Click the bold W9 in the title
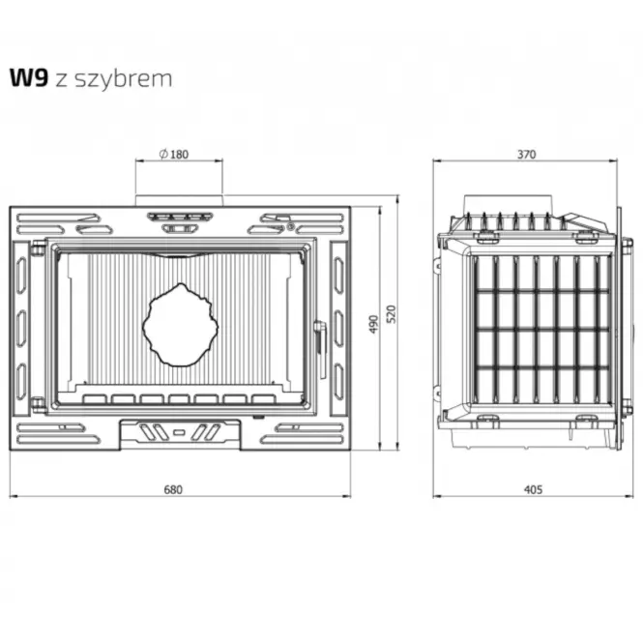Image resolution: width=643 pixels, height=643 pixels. coord(29,77)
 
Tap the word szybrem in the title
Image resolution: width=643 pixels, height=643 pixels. coord(124,79)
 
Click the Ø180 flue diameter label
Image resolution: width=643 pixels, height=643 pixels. coord(174,154)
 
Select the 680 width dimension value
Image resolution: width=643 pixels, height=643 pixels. coord(173,489)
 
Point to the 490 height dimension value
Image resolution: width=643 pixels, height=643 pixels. coord(373,324)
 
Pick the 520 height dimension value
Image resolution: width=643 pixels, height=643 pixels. coord(392,314)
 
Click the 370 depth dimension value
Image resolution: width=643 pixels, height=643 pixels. coord(526,154)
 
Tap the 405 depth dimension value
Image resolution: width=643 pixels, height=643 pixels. coord(533,489)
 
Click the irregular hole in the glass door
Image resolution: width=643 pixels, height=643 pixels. coord(181,325)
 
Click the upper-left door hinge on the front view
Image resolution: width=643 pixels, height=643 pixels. coord(38,248)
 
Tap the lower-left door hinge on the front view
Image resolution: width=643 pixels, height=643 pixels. coord(38,405)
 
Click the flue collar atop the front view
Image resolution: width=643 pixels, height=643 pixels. coord(179,200)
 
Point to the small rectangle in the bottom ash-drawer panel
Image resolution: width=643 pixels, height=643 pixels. coord(179,432)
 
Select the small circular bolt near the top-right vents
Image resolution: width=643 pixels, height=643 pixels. coord(290,225)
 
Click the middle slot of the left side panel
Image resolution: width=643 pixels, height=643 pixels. coord(21,329)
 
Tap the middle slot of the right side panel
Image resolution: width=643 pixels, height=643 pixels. coord(338,329)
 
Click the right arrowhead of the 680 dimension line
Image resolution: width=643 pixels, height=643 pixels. coord(347,496)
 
